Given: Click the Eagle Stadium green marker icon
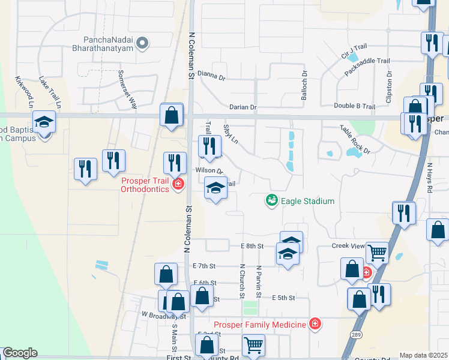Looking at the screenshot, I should coord(272,200).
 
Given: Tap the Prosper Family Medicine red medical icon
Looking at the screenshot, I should coord(315,325).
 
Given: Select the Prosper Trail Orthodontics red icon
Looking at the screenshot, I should coord(178,184).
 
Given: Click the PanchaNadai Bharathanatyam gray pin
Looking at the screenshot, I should coord(142,43).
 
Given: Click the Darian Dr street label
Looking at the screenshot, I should coord(243,107).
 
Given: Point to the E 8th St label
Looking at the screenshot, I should coord(252,246).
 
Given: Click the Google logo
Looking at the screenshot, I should coord(20,353).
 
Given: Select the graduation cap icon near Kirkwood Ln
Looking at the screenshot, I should coord(44,123).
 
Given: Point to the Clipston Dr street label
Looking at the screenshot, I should coord(389,87).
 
